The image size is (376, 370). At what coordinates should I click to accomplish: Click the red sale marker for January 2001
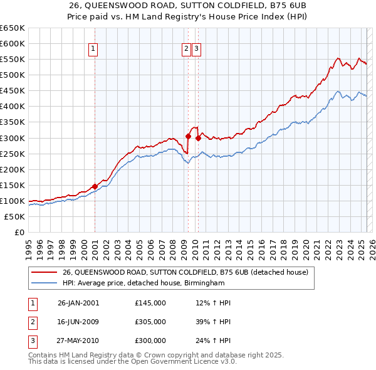pyautogui.click(x=95, y=186)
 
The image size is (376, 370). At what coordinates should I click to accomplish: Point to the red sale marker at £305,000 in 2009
pyautogui.click(x=188, y=135)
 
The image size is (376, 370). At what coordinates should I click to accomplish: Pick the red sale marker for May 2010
pyautogui.click(x=198, y=137)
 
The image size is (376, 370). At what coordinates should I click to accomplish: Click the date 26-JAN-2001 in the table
pyautogui.click(x=78, y=303)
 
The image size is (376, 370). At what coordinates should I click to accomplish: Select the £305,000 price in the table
pyautogui.click(x=150, y=322)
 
